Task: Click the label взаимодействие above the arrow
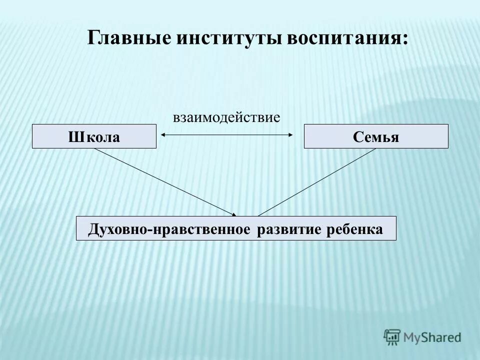[x=226, y=117]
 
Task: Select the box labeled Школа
[x=94, y=136]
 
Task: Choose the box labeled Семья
[x=376, y=136]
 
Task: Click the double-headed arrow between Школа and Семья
[x=226, y=134]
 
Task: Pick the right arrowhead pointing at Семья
[x=290, y=134]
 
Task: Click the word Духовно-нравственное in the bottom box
[x=169, y=229]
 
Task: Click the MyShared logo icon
[x=392, y=336]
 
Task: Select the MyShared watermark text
[x=433, y=337]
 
